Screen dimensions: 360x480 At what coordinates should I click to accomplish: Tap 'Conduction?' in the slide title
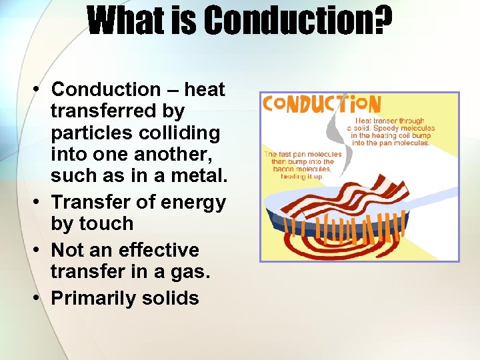pyautogui.click(x=298, y=21)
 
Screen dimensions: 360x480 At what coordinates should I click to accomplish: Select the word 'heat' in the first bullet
pyautogui.click(x=205, y=89)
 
